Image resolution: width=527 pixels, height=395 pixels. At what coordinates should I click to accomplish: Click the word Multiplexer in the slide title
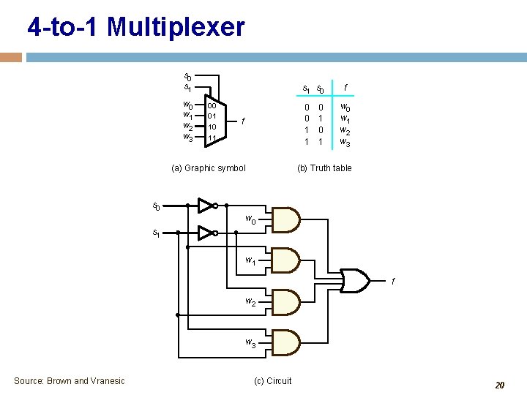(176, 27)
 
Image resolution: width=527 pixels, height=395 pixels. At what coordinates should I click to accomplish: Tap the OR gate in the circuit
(354, 280)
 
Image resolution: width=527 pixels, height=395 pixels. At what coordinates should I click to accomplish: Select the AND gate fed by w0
(286, 219)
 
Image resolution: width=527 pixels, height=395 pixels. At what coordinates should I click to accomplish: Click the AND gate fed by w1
(286, 260)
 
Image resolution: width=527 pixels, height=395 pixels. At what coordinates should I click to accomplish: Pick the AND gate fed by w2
(286, 301)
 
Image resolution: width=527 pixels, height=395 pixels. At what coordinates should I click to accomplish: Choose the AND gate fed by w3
(286, 342)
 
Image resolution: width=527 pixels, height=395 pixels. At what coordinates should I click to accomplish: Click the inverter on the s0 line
(207, 206)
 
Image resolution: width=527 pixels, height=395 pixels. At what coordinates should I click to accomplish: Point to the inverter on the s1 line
(207, 233)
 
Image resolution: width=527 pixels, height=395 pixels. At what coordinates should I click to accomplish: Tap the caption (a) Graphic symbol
(209, 168)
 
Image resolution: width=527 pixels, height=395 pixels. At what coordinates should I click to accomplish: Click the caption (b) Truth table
(324, 168)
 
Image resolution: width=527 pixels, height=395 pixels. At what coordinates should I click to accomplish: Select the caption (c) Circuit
(272, 380)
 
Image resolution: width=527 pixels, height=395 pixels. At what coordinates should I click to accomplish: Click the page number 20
(500, 385)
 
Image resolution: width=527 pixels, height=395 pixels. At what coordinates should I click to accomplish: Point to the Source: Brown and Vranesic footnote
(70, 380)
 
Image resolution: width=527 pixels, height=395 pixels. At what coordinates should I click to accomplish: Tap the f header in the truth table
(345, 88)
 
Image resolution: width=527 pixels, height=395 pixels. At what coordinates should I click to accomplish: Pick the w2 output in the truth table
(345, 130)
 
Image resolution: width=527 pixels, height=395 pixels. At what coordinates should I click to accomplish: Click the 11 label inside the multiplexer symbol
(212, 138)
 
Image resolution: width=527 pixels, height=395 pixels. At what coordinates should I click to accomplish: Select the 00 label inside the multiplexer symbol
(212, 105)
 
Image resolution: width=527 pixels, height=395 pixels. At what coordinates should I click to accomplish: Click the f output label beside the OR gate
(393, 282)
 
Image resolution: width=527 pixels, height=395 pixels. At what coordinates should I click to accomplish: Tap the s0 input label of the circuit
(156, 206)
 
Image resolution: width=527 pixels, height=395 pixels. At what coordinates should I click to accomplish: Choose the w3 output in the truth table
(345, 142)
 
